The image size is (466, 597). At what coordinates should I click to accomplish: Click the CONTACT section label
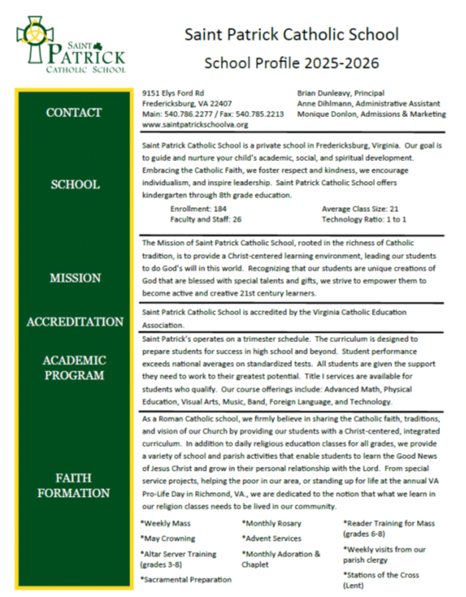pos(74,112)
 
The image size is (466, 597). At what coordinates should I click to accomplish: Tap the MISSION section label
pos(74,278)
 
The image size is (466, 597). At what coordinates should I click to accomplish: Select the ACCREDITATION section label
pos(74,321)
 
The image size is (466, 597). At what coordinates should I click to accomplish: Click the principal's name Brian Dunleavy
pos(324,92)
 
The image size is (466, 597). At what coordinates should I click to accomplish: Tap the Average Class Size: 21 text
pos(360,209)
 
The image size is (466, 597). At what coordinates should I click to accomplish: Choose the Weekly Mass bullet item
pos(166,524)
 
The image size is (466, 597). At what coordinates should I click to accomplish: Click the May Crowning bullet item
pos(169,538)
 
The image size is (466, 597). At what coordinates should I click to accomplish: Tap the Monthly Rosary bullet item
pos(272,524)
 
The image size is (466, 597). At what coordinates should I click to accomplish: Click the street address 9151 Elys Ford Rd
pos(173,92)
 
